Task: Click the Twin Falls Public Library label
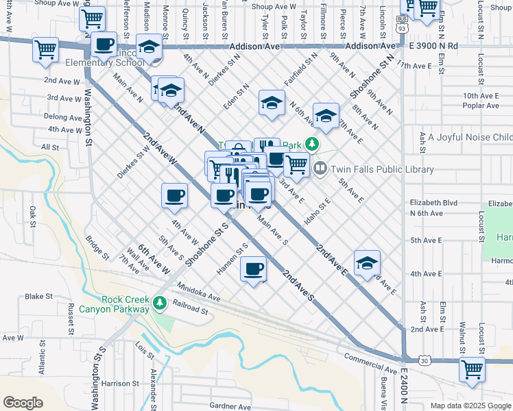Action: (383, 169)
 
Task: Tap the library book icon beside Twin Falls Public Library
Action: (320, 168)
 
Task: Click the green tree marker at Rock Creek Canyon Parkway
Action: (159, 302)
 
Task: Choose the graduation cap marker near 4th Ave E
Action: (367, 262)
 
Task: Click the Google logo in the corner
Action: (23, 403)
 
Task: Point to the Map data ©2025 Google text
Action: (471, 406)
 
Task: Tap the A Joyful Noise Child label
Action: (470, 138)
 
